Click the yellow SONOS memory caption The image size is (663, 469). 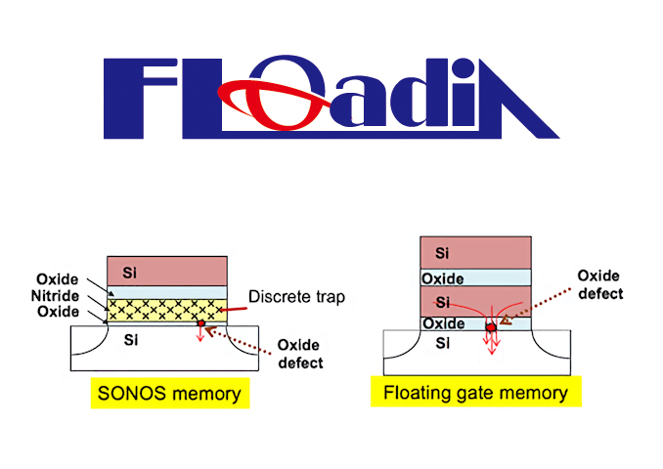(x=169, y=396)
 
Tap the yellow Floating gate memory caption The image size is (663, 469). (x=475, y=393)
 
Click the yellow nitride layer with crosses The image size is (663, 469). (x=166, y=310)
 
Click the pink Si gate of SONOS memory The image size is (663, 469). (x=166, y=270)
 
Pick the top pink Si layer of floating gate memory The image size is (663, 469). (x=475, y=253)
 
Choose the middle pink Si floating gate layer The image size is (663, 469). (x=475, y=301)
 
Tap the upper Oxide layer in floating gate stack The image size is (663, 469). (x=475, y=278)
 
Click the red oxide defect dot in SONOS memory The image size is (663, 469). (x=201, y=323)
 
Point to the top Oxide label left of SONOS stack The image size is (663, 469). (x=59, y=279)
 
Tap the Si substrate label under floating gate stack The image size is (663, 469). (x=442, y=343)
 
